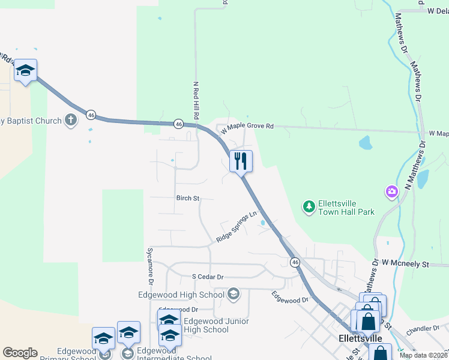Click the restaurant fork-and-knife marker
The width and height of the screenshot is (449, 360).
pyautogui.click(x=241, y=161)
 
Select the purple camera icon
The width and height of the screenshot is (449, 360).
pyautogui.click(x=391, y=192)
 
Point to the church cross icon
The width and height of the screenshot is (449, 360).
pyautogui.click(x=71, y=120)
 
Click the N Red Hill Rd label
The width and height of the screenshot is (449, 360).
pyautogui.click(x=196, y=100)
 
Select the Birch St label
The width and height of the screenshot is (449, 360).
pyautogui.click(x=187, y=197)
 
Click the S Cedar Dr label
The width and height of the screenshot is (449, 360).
pyautogui.click(x=207, y=277)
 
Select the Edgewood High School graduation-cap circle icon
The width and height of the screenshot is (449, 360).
pyautogui.click(x=234, y=294)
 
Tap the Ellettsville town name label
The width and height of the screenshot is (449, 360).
pyautogui.click(x=360, y=338)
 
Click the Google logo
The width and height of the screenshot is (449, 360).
pyautogui.click(x=20, y=353)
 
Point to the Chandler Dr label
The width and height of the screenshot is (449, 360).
pyautogui.click(x=423, y=329)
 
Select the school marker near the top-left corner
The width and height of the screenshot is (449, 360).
pyautogui.click(x=25, y=71)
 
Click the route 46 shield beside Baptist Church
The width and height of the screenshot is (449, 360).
pyautogui.click(x=91, y=114)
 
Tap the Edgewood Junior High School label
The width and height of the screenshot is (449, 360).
pyautogui.click(x=207, y=325)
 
